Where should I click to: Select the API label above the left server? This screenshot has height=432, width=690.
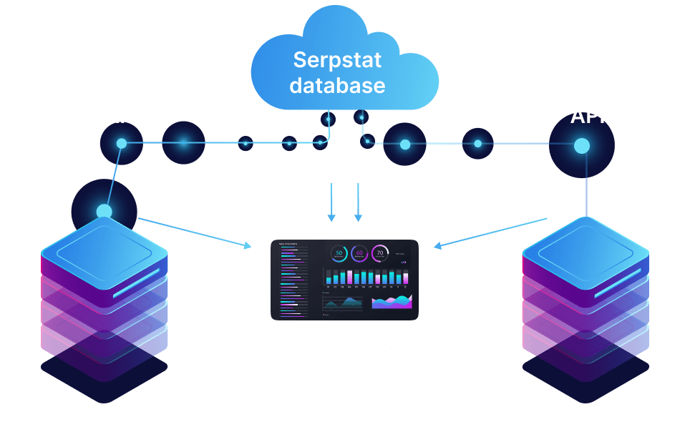coord(122,116)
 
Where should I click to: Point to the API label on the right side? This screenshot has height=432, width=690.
coord(587,116)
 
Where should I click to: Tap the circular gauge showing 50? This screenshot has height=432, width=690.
coord(339,252)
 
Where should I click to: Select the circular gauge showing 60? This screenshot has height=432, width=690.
coord(360,252)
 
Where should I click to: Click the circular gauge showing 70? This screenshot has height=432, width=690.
coord(380,252)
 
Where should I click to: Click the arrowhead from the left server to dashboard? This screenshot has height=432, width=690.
coord(248,247)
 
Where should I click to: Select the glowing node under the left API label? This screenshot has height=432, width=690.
coord(122,144)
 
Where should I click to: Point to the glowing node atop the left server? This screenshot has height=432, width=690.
coord(105,211)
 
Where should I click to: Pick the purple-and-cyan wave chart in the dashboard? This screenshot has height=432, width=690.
coord(392,302)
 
